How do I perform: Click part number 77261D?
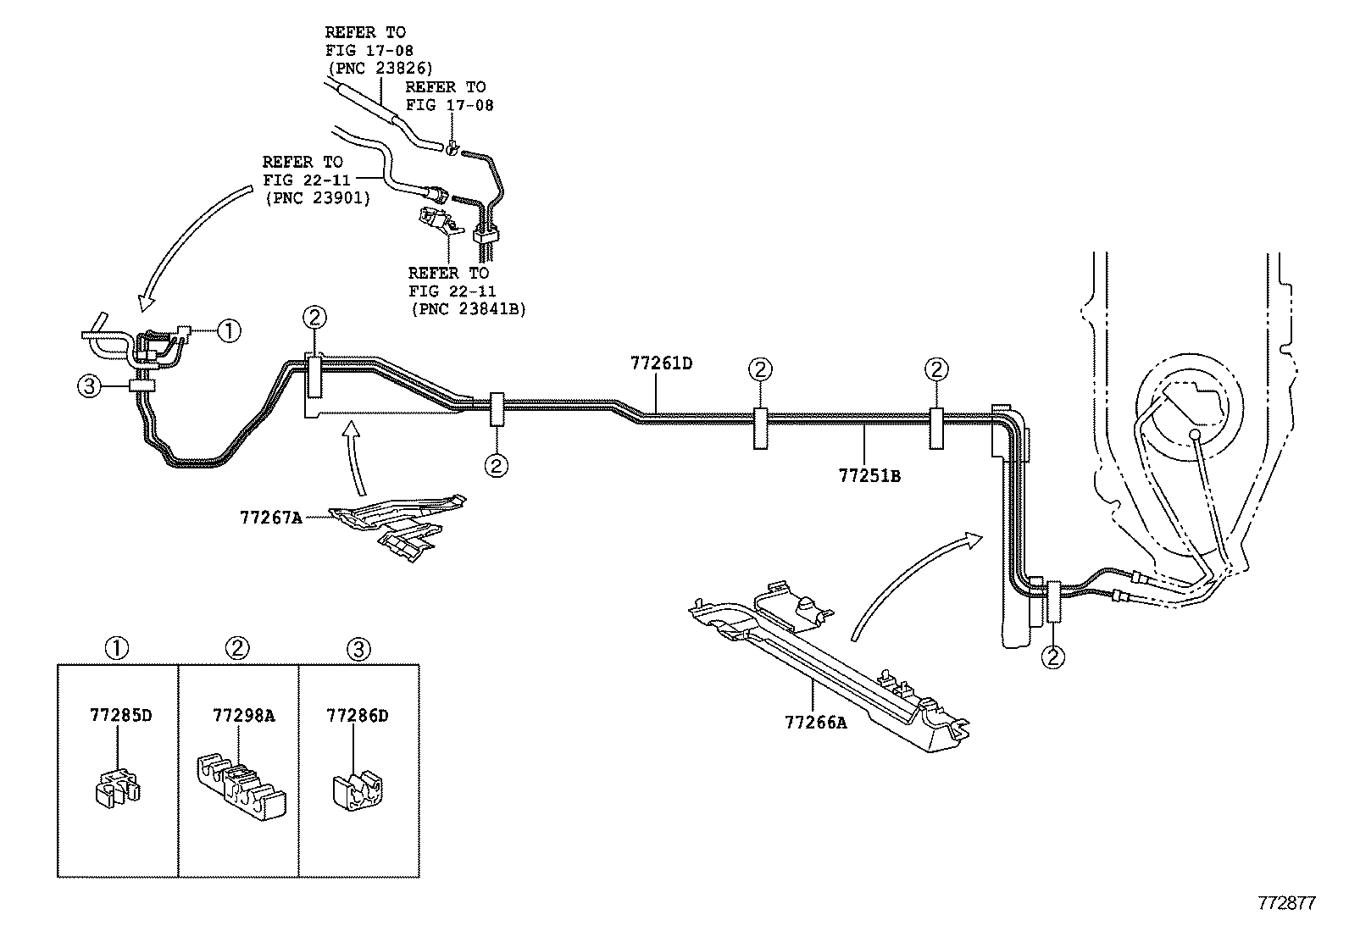tap(661, 363)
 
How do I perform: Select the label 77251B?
tap(869, 476)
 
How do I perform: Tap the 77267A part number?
tap(270, 516)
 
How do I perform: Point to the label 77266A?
tap(815, 722)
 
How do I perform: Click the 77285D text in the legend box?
tap(120, 715)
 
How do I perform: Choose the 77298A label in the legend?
tap(243, 715)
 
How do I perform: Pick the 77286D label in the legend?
tap(357, 715)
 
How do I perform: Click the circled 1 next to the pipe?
tap(229, 330)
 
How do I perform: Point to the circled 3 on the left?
tap(89, 387)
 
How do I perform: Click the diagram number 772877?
tap(1285, 903)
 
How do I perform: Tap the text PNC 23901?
tap(317, 198)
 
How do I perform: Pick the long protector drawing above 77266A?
tap(830, 669)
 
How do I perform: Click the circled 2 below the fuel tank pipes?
tap(1054, 657)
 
